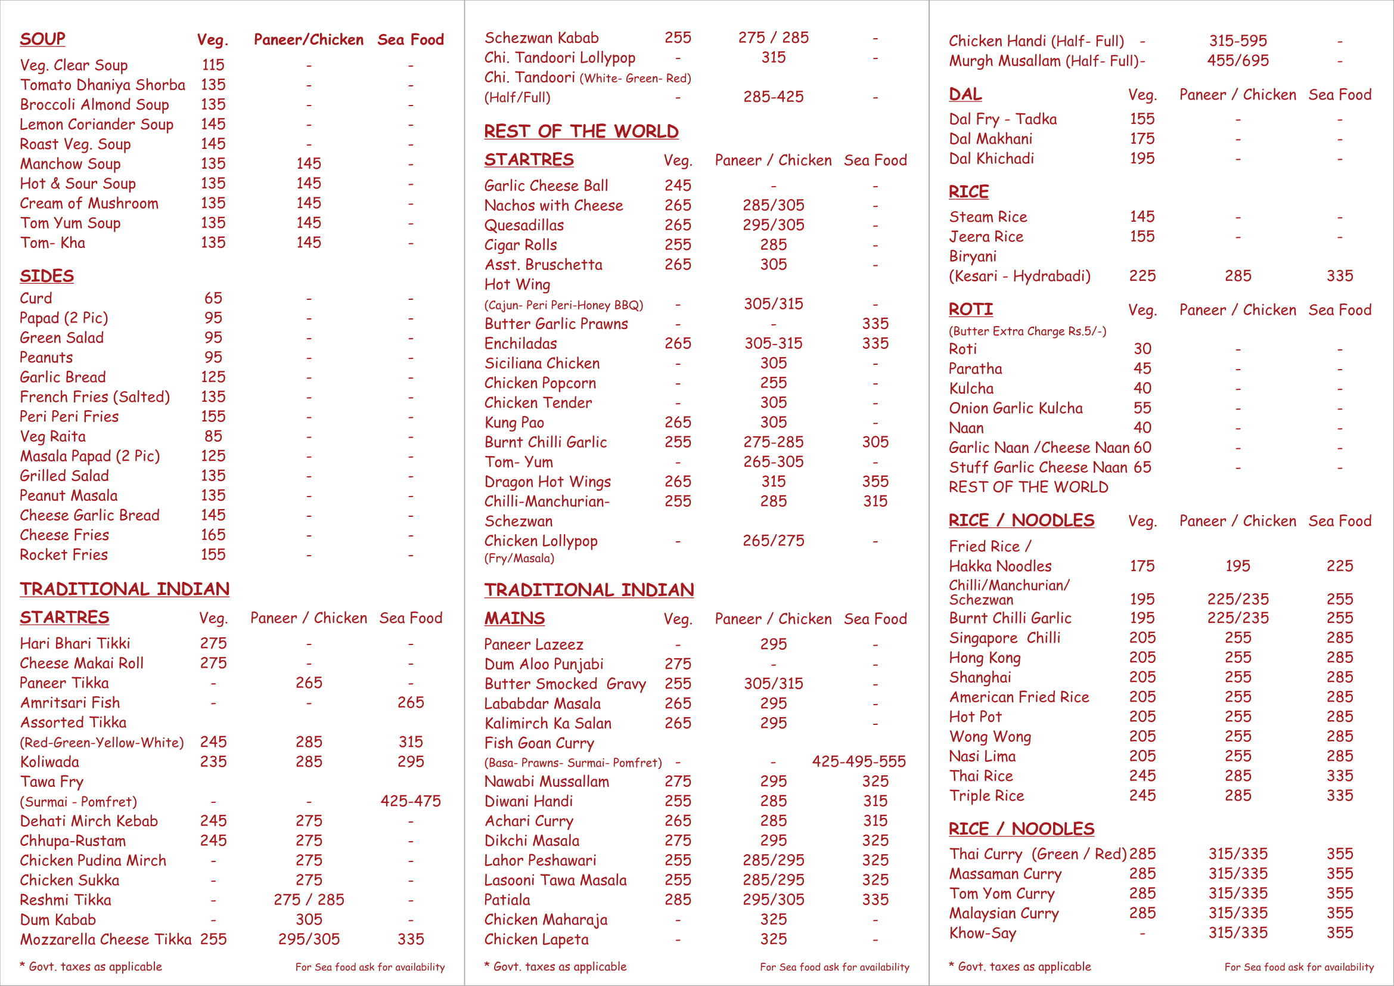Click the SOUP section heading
pos(42,39)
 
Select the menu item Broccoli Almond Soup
pos(94,104)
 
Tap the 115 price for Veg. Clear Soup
pos(213,65)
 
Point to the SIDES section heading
pos(46,276)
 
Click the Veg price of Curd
pos(213,298)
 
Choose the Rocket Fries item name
pos(64,555)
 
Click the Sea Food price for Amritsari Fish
pos(411,702)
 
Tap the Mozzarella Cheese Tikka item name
pos(105,940)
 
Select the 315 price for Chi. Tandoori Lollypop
pos(773,58)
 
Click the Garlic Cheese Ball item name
pos(546,186)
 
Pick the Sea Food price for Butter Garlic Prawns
pos(875,324)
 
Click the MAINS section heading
pos(514,618)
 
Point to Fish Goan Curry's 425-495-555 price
pos(858,761)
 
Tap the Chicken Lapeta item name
pos(536,940)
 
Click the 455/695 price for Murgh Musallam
pos(1237,61)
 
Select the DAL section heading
pos(965,94)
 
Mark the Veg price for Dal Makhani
pos(1141,139)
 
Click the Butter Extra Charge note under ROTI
pos(1027,331)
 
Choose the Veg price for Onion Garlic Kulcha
pos(1142,408)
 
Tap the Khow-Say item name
pos(982,933)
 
